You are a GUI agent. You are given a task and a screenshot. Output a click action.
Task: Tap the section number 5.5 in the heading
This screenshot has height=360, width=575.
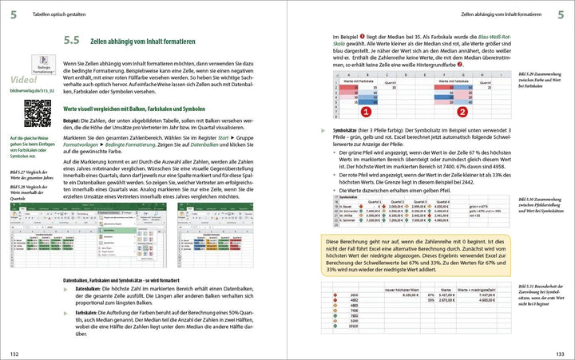[x=71, y=39]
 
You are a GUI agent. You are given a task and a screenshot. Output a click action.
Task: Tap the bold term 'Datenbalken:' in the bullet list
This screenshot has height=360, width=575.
[x=89, y=289]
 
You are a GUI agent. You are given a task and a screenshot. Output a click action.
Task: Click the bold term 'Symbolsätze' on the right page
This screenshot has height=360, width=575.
[x=348, y=129]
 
